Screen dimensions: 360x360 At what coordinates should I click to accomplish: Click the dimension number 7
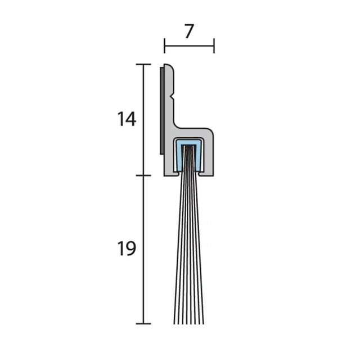click(x=189, y=32)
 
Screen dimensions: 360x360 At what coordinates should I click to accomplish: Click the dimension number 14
click(x=127, y=119)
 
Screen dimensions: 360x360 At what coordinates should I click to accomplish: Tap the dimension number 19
click(x=127, y=248)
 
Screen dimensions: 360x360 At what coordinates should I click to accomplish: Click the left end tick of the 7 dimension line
click(x=164, y=46)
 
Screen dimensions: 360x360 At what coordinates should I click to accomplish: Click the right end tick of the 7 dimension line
click(x=214, y=46)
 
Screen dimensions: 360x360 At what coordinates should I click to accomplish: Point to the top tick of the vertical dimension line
click(x=144, y=65)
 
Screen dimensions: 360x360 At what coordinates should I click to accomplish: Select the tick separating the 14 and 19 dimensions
click(x=144, y=175)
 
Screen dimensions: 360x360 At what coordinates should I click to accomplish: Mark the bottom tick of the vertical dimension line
click(x=144, y=323)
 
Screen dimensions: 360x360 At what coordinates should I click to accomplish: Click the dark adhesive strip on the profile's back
click(x=161, y=110)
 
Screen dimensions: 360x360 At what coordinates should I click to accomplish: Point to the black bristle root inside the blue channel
click(x=189, y=157)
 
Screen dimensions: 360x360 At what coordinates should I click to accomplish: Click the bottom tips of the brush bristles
click(x=188, y=322)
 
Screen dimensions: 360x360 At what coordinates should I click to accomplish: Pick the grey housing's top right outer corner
click(x=211, y=130)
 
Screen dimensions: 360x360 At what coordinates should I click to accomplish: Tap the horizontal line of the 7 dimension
click(x=189, y=46)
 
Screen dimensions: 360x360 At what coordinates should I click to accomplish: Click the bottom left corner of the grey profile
click(x=165, y=174)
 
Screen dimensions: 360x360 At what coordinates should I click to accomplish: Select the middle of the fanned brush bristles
click(x=188, y=247)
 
